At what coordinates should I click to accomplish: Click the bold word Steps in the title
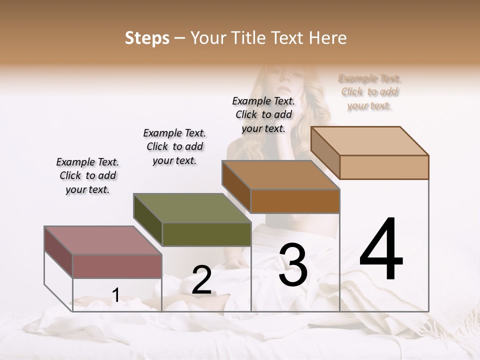point(146,38)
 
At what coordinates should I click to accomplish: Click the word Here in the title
point(327,38)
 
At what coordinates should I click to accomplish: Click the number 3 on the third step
point(292,264)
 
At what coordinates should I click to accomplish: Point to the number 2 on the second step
point(201,280)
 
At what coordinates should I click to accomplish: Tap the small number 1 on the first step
point(115,295)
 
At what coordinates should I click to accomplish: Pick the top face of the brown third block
point(280,175)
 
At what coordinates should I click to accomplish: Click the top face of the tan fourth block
point(369,140)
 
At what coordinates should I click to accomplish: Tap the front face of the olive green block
point(206,234)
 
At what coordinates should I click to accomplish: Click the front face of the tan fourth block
point(384,167)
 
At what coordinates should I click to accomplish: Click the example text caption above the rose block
point(87,175)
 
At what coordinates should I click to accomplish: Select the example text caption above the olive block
point(174,146)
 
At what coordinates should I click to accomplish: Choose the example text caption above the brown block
point(263,114)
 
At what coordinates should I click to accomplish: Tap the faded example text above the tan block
point(369,92)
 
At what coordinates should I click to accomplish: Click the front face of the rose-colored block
point(117,266)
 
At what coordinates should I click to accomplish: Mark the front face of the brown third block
point(295,201)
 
